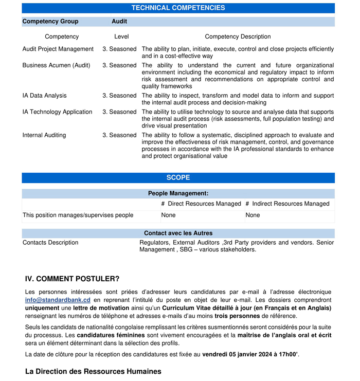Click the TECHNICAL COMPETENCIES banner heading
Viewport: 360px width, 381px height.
click(178, 8)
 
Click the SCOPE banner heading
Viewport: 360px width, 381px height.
click(178, 178)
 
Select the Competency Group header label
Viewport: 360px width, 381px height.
click(50, 22)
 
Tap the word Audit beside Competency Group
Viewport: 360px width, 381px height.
click(119, 22)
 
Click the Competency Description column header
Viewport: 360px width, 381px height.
click(238, 37)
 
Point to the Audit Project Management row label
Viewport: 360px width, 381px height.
click(58, 49)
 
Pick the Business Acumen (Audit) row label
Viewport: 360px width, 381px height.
click(56, 66)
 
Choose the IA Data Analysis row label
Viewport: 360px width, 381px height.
click(45, 96)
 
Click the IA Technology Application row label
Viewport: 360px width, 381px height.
click(58, 112)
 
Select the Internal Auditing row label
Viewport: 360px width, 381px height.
click(44, 135)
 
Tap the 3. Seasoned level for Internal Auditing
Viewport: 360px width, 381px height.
click(119, 135)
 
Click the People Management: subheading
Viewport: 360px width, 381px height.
click(178, 194)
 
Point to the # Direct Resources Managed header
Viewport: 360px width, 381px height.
click(201, 204)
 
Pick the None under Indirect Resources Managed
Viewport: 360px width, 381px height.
click(253, 215)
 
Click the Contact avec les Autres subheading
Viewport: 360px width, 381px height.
click(178, 233)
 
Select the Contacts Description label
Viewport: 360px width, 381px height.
click(50, 243)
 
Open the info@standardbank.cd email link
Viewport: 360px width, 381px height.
click(58, 300)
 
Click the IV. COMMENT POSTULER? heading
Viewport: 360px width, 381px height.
click(72, 279)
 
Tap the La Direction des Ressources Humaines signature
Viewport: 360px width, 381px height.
click(93, 371)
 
